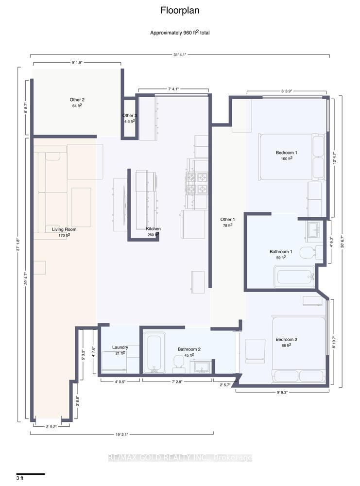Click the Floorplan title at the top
point(180,10)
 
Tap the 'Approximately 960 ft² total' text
point(180,33)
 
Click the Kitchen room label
point(154,231)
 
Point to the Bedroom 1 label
point(286,156)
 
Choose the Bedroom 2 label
point(286,342)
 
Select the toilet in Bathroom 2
point(178,363)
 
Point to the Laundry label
point(120,350)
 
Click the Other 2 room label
point(77,102)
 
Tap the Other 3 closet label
point(129,118)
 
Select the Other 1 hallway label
point(227,222)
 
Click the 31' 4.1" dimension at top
point(180,54)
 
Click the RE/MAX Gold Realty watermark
point(180,458)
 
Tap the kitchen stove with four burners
point(197,183)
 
